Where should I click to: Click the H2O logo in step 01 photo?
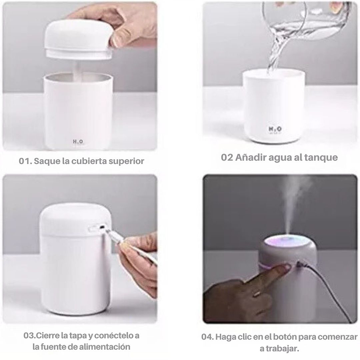[78, 142]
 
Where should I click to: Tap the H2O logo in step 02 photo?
[275, 129]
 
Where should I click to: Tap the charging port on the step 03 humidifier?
[101, 227]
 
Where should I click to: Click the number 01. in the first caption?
[25, 161]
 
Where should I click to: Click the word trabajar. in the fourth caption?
[279, 349]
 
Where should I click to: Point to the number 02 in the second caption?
[227, 157]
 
